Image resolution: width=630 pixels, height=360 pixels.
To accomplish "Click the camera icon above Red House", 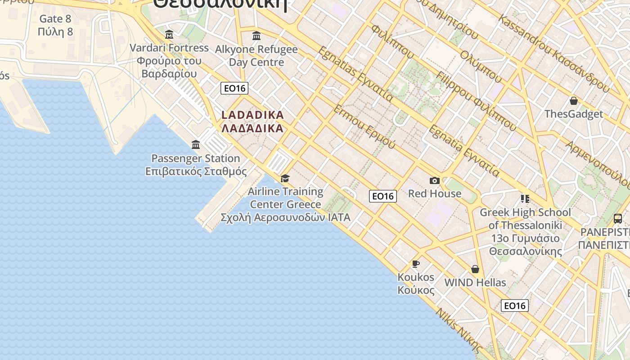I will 434,181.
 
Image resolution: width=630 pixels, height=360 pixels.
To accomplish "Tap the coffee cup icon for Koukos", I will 415,264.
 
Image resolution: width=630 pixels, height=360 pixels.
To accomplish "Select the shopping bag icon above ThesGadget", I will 573,101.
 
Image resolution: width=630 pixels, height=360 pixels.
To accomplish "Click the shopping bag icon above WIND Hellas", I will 475,269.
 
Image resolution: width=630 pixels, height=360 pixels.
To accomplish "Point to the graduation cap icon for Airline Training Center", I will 285,179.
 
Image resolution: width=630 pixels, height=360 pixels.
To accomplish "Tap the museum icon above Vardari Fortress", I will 169,35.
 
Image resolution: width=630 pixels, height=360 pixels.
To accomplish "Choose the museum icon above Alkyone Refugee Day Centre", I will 256,36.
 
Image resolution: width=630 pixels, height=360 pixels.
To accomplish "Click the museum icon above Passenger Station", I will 196,145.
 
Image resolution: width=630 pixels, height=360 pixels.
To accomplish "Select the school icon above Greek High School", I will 525,198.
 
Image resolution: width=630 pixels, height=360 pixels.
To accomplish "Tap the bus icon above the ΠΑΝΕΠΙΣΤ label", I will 617,219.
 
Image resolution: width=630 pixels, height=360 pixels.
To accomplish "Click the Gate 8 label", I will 55,19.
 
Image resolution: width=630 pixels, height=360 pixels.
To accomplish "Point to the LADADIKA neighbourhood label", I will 252,115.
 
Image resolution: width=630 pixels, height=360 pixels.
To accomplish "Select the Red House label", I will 434,193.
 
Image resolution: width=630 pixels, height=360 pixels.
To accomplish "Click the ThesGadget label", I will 573,114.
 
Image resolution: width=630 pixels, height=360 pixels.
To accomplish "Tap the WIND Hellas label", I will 475,283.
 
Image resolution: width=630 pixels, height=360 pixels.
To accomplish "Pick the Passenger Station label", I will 196,158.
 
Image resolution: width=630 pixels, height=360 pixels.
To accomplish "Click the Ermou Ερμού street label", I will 364,127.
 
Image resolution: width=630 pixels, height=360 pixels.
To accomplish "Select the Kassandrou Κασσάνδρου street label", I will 553,54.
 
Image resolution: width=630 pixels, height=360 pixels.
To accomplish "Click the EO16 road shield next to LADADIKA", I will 235,88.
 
